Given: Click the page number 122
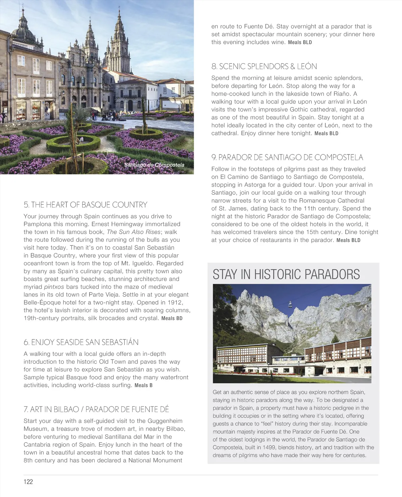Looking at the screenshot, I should (x=28, y=482).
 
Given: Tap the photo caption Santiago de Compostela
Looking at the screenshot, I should (x=154, y=165).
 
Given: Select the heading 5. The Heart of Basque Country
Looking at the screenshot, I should (x=85, y=205).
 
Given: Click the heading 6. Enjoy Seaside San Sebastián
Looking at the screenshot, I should (x=81, y=342).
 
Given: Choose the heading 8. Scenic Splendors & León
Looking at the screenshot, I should (x=264, y=66).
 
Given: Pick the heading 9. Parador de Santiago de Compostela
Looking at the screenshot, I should (x=287, y=157).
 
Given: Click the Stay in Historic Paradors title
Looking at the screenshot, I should (x=286, y=274).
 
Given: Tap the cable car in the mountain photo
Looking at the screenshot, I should (x=289, y=305).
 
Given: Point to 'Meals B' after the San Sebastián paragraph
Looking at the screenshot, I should (x=143, y=386).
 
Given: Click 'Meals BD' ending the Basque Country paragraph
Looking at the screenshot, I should (x=172, y=318).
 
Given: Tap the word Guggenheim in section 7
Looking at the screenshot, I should (x=165, y=421).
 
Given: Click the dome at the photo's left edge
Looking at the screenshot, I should (x=23, y=29).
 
